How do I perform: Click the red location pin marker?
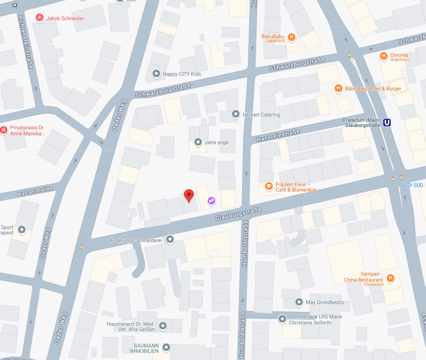(189, 195)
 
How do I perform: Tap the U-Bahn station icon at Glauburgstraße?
(388, 123)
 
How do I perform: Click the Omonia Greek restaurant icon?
(383, 56)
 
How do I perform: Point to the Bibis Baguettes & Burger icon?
(339, 88)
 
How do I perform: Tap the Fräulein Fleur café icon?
(269, 186)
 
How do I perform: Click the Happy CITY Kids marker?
(156, 74)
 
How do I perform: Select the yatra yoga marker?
(198, 142)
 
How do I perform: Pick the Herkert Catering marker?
(236, 114)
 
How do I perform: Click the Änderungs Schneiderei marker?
(170, 239)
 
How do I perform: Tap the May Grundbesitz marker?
(299, 302)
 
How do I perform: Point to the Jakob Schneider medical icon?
(40, 18)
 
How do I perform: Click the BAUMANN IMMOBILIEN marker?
(166, 347)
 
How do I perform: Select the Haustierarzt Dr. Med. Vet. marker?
(163, 325)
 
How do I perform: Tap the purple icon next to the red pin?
(212, 201)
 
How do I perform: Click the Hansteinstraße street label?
(278, 136)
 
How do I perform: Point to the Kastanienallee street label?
(35, 191)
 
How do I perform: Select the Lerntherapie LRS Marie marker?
(282, 319)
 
